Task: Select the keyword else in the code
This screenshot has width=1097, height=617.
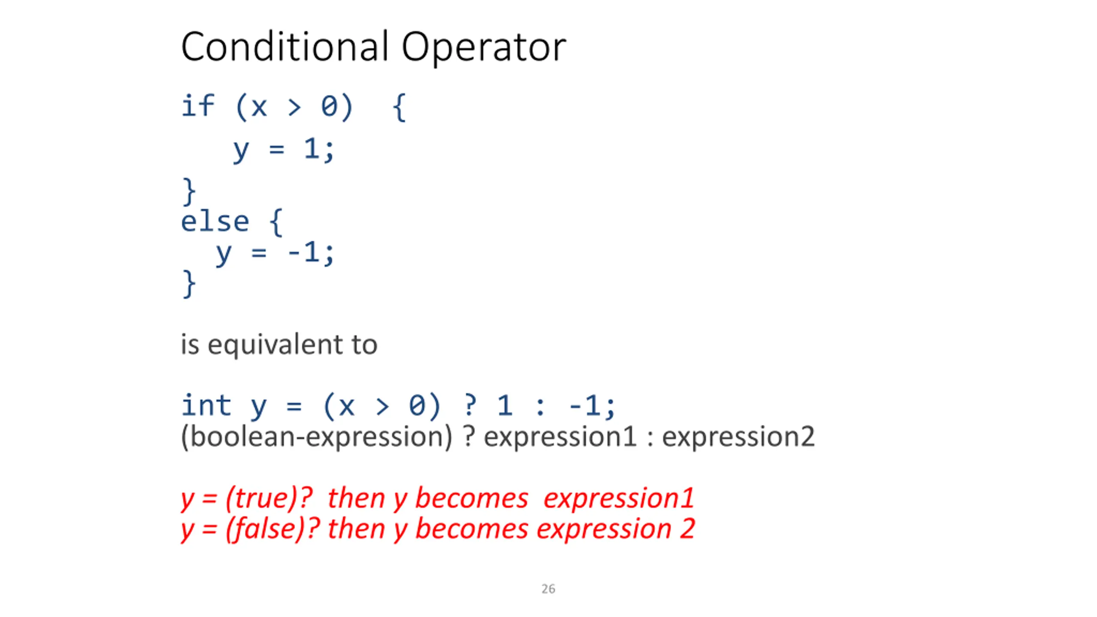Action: (215, 222)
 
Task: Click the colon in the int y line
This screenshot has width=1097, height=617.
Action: (540, 407)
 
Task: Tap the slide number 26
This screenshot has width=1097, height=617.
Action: (548, 589)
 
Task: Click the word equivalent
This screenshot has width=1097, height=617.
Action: (275, 345)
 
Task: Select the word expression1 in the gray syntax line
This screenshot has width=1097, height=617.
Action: (560, 437)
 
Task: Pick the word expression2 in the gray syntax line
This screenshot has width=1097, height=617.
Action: (738, 437)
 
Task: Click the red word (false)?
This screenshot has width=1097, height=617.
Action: (273, 529)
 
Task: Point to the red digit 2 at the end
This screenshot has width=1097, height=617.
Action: (687, 529)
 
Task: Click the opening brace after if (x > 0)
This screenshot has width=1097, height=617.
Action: (399, 108)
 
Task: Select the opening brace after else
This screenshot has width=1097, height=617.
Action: (276, 222)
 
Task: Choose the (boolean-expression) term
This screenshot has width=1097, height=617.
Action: (317, 437)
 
